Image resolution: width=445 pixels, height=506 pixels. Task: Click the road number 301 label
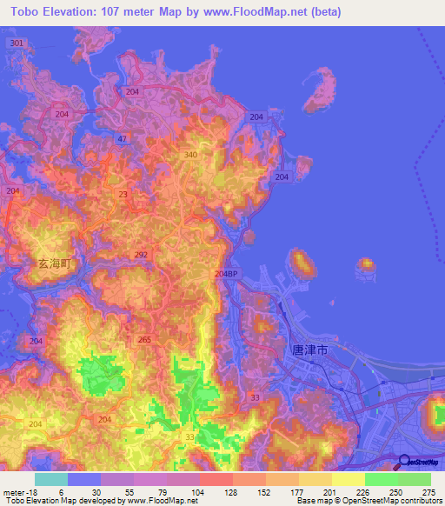click(x=15, y=43)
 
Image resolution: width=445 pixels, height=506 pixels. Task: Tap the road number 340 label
click(x=190, y=155)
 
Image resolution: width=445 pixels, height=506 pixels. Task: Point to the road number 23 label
click(x=123, y=196)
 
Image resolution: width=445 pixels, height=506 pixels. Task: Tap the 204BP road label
click(x=225, y=274)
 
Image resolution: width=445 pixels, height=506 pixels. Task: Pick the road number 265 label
click(x=144, y=340)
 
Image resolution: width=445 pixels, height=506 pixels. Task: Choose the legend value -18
click(x=19, y=492)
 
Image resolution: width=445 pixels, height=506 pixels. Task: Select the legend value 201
click(x=331, y=492)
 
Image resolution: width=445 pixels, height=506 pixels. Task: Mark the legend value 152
click(x=265, y=492)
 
